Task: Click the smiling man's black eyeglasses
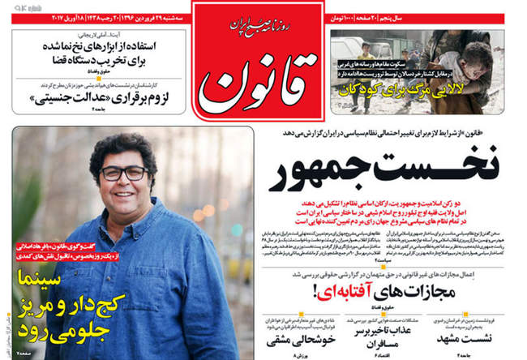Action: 122,173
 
